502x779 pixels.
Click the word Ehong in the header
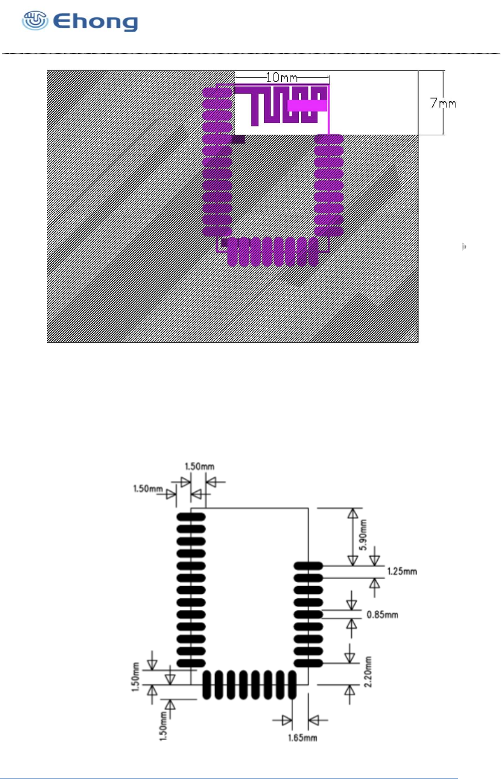[x=95, y=22]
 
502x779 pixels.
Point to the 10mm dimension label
[x=281, y=77]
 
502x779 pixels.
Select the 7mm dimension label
[x=443, y=103]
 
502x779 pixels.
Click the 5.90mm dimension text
[x=363, y=535]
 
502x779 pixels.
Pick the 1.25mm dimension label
[x=402, y=572]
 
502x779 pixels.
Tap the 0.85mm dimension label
[x=382, y=614]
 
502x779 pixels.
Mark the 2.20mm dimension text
[x=368, y=672]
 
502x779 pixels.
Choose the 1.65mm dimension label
[x=302, y=737]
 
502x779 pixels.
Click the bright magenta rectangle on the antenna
[x=307, y=106]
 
